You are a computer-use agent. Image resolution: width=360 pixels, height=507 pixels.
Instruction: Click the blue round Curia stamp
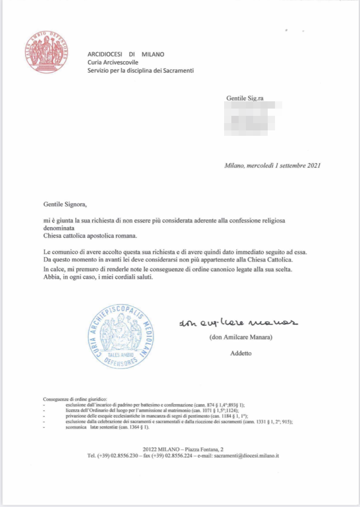(x=120, y=337)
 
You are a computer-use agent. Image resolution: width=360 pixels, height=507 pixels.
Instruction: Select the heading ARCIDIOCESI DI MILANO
(x=126, y=54)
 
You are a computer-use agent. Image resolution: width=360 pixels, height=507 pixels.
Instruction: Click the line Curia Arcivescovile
(x=113, y=62)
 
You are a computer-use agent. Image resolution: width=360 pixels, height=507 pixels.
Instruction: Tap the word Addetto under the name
(x=240, y=353)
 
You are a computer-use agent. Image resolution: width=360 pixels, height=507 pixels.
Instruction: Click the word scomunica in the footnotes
(x=75, y=427)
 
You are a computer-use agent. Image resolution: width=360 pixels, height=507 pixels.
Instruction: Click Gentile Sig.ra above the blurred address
(x=245, y=98)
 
